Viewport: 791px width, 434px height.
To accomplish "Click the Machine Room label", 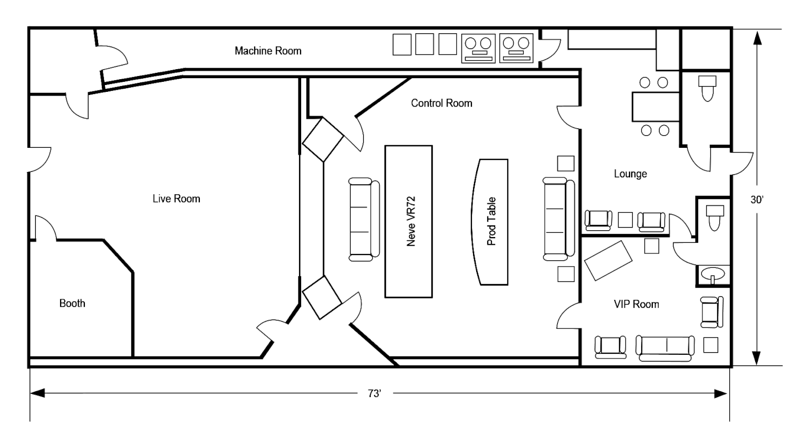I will [x=268, y=51].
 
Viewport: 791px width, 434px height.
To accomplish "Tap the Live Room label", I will [x=176, y=199].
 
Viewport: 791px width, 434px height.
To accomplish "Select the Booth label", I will [x=72, y=303].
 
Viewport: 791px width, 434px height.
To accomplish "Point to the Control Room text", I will [x=441, y=103].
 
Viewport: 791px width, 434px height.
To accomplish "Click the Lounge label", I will [x=630, y=174].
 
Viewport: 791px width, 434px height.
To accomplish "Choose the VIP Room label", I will [x=636, y=304].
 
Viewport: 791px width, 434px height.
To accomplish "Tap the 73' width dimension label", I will [x=374, y=394].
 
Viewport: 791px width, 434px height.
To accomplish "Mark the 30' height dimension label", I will [x=757, y=200].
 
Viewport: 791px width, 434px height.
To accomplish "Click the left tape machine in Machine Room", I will [x=478, y=48].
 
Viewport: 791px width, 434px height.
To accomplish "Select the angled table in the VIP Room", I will [x=609, y=260].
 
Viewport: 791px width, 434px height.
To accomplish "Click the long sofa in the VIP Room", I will [x=664, y=348].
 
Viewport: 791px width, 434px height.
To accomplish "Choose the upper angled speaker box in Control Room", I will [x=323, y=139].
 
